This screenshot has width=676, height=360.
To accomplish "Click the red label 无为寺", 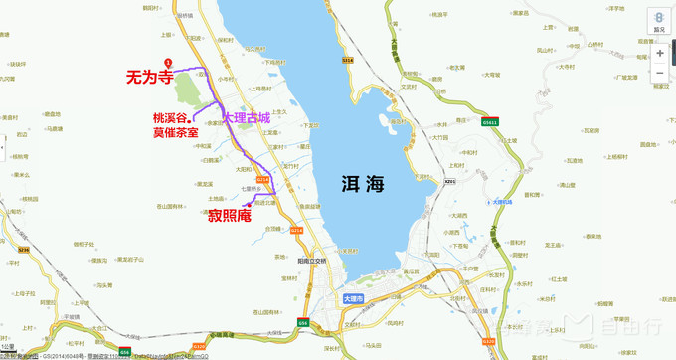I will click(x=149, y=75).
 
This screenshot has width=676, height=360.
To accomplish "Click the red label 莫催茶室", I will click(x=174, y=132).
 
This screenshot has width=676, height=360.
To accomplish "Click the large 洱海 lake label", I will click(x=358, y=184).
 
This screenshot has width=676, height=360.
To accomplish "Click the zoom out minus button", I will click(x=659, y=73).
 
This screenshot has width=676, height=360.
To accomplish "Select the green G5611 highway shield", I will click(x=488, y=122).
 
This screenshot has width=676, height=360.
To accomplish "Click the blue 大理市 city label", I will click(x=353, y=297).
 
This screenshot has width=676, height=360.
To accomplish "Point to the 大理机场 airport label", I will click(x=508, y=202).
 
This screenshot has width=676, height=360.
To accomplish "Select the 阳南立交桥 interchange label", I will click(x=312, y=260).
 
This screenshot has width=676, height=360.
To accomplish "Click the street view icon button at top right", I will click(x=659, y=21).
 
